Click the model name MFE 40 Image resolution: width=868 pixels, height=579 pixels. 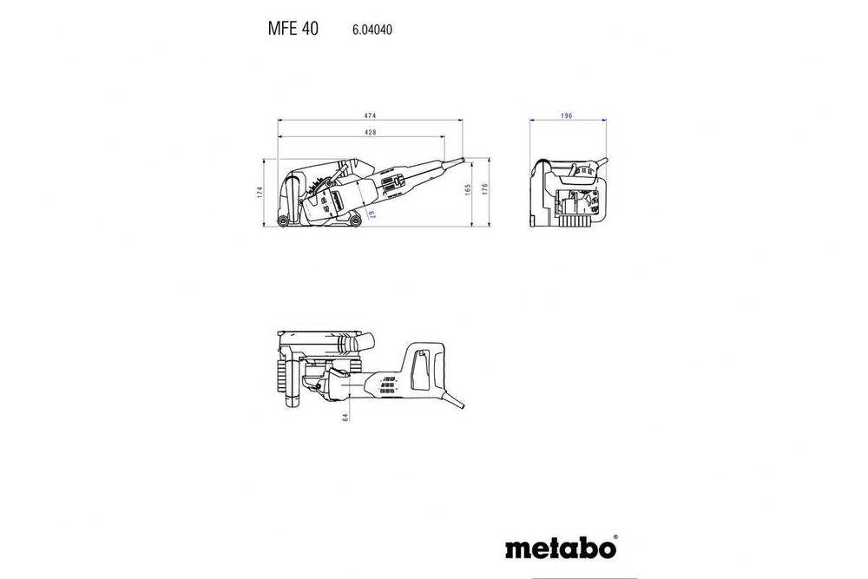point(293,29)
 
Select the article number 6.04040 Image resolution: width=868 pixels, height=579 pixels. point(372,30)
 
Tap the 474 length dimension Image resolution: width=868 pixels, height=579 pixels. point(370,115)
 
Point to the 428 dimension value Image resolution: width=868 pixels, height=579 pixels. point(370,133)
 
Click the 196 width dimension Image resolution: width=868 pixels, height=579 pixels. point(566,115)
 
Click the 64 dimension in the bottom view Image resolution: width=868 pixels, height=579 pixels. point(345,417)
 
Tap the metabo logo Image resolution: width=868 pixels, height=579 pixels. point(559,549)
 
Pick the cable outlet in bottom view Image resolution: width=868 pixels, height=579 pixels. point(456,401)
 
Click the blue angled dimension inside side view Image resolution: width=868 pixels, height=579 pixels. point(369,214)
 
